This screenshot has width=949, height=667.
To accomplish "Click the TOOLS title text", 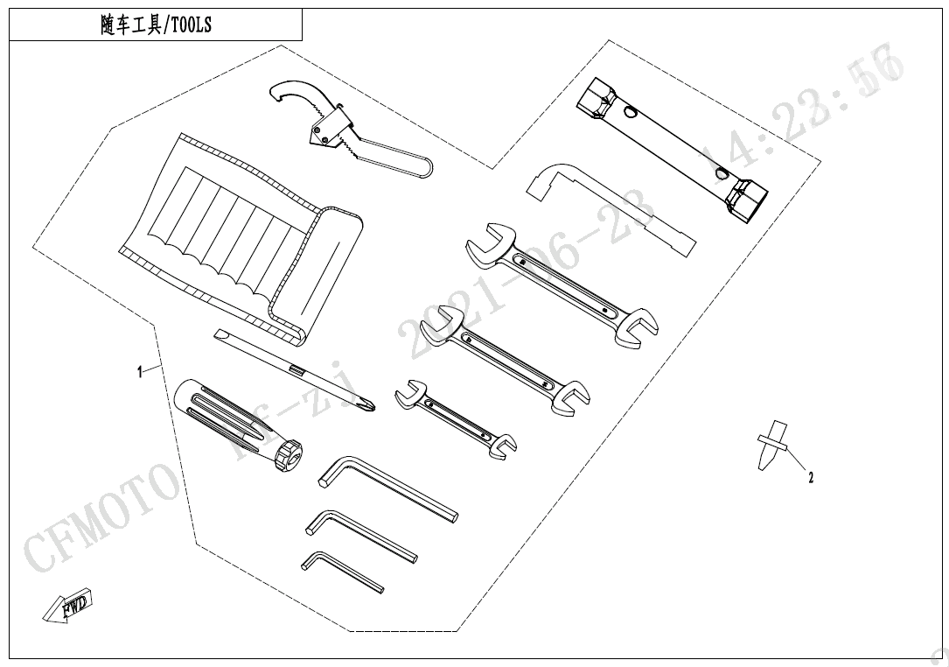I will pyautogui.click(x=156, y=25).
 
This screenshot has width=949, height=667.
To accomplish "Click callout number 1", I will pyautogui.click(x=140, y=372).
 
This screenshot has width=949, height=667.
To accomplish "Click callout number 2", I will pyautogui.click(x=811, y=478).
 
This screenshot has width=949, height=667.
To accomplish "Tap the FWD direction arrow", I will pyautogui.click(x=69, y=606).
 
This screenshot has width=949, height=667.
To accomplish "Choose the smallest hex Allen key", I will pyautogui.click(x=341, y=571).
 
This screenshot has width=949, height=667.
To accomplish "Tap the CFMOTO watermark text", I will pyautogui.click(x=96, y=516).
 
